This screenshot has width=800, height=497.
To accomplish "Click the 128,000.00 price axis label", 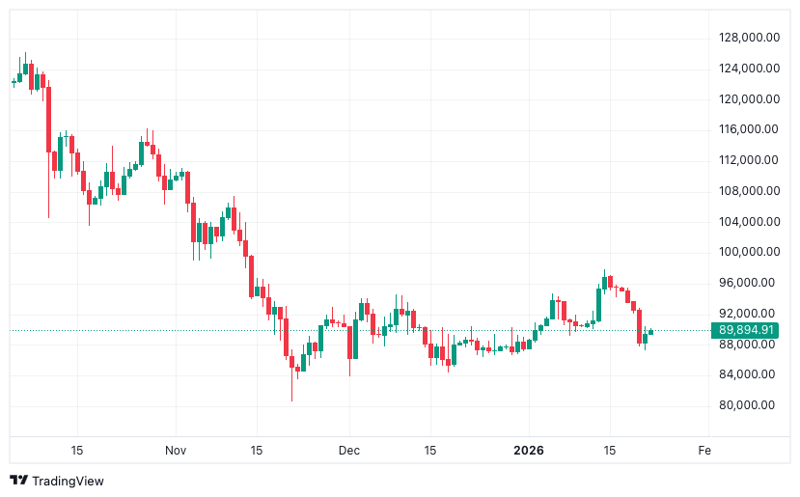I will coord(748,37).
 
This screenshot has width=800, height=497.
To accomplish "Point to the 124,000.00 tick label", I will coord(748,68).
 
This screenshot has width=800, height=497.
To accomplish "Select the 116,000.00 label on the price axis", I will coord(748,128).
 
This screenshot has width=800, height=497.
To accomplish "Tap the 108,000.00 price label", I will coord(748,190).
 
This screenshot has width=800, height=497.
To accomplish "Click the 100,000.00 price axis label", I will coord(748,252).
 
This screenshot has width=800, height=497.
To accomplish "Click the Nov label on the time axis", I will coord(175,451).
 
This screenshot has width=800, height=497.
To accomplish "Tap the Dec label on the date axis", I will coord(349,451).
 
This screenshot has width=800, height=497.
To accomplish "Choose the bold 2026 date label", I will coord(529,451).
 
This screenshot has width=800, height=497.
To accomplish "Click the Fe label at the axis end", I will coord(704,451).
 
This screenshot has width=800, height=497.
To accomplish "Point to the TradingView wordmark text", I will coord(68,481).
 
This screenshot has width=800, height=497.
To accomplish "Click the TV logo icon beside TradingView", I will coord(18,481).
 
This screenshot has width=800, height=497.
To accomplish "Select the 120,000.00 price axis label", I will coord(748,98).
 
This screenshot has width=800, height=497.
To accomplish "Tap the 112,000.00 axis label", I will coord(748,159).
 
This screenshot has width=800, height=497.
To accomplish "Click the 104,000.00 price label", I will coord(748,221).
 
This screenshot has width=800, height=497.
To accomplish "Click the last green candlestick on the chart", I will coord(651,332).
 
